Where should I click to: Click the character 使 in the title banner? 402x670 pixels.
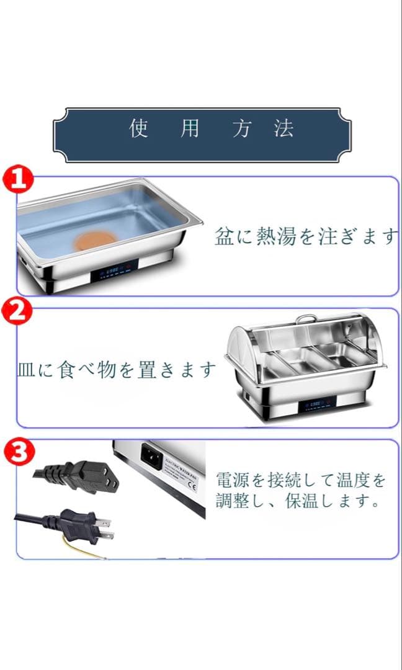pyautogui.click(x=138, y=128)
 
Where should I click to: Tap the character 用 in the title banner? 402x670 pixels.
pyautogui.click(x=190, y=128)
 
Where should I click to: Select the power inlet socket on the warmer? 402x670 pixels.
pyautogui.click(x=151, y=456)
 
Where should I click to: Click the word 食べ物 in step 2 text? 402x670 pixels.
pyautogui.click(x=83, y=370)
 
